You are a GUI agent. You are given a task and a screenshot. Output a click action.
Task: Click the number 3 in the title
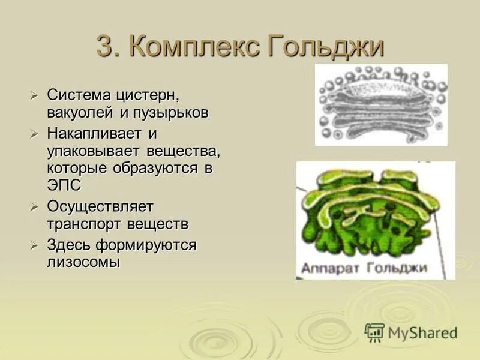(x=105, y=47)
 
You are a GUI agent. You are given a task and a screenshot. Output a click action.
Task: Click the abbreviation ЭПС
(x=64, y=186)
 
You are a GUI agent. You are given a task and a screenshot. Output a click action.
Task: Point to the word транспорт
(x=85, y=224)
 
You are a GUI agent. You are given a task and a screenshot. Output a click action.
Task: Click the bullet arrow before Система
(x=35, y=95)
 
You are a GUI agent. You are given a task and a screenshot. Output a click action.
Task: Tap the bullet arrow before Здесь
(x=35, y=245)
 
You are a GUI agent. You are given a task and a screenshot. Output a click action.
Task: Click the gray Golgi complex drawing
(x=381, y=105)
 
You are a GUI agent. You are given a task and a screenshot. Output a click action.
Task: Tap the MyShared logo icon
(x=374, y=332)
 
